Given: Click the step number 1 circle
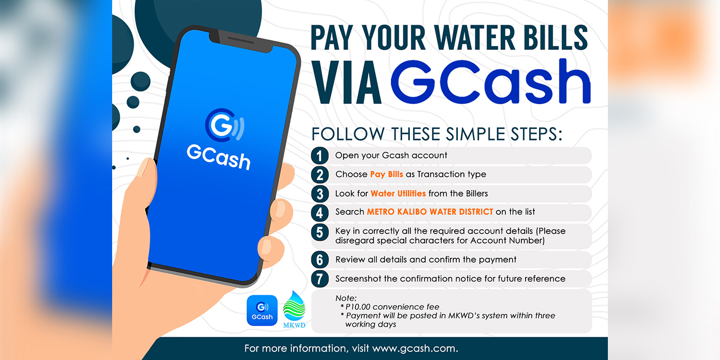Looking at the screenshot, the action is pos(319,156).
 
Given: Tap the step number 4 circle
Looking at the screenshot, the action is pos(319,213).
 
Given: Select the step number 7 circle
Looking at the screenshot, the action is pos(319,279).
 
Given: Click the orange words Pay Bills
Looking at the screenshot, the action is pos(386,174).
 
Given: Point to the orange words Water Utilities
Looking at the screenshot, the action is pos(398,193).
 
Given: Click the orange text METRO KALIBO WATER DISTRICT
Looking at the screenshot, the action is pos(430,212).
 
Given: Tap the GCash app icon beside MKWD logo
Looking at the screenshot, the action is pos(262,311).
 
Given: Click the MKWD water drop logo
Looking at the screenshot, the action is pos(294,309).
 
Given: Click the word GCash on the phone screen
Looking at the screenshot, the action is pos(219,157).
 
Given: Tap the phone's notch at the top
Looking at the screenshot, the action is pos(241,42).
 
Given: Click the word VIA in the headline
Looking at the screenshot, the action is pos(347,83).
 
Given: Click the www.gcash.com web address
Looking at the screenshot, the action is pos(415,349).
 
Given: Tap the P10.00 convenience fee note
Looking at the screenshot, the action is pos(390,307).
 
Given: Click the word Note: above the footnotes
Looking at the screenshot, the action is pos(346,298).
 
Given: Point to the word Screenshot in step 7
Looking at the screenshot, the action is pos(358,279).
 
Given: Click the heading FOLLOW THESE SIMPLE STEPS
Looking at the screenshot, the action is pos(437,134).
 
